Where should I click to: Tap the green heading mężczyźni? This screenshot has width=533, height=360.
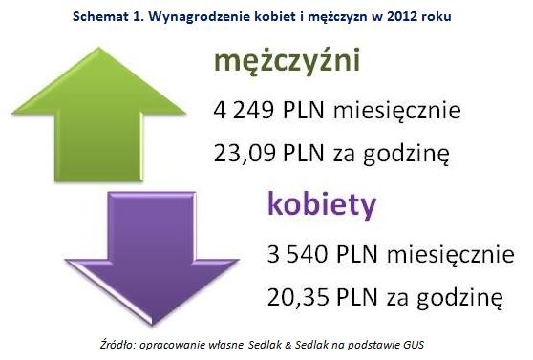(287, 62)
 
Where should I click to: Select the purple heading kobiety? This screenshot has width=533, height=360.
(322, 205)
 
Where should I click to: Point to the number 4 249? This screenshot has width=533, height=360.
(244, 110)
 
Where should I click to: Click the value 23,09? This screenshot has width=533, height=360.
(245, 153)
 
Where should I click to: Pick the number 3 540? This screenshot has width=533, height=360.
(297, 254)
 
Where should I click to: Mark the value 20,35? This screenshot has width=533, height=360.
(298, 297)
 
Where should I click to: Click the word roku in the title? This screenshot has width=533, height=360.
(437, 16)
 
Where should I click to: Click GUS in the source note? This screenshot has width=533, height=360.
(414, 345)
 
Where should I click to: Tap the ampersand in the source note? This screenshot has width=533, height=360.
(288, 345)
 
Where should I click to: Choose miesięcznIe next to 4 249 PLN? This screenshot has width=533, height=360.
(397, 111)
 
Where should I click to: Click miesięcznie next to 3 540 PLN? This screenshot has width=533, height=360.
(451, 255)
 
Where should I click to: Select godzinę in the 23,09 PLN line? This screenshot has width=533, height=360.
(406, 155)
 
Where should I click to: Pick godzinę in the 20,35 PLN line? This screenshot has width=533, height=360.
(459, 298)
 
